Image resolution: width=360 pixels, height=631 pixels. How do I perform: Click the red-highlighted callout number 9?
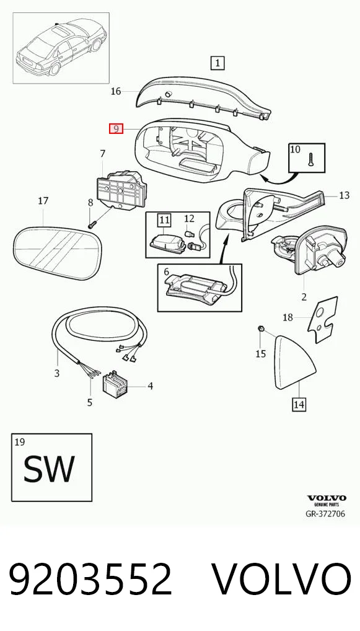tap(116, 129)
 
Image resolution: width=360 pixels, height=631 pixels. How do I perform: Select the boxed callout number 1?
tap(217, 63)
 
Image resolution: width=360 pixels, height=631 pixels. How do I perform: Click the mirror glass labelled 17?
tap(58, 254)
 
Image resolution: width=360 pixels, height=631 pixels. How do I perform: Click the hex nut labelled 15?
tap(261, 329)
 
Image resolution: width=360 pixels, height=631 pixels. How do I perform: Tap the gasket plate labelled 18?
tap(322, 319)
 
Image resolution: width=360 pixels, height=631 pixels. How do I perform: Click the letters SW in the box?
tap(49, 469)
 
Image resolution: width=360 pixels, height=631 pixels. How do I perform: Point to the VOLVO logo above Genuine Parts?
tap(327, 498)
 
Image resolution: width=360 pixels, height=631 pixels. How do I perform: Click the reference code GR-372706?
tap(325, 514)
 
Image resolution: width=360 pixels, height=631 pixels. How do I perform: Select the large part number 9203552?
tap(91, 580)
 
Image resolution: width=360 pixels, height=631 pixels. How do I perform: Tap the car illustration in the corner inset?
tap(60, 48)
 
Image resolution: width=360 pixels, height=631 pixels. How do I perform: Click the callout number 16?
tap(116, 91)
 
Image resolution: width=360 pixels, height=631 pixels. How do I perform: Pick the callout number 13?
tap(345, 196)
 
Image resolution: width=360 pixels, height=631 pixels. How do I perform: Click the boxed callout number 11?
tap(164, 219)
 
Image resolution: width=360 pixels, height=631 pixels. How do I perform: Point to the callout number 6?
tap(167, 272)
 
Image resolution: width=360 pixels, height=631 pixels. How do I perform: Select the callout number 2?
tap(304, 297)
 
